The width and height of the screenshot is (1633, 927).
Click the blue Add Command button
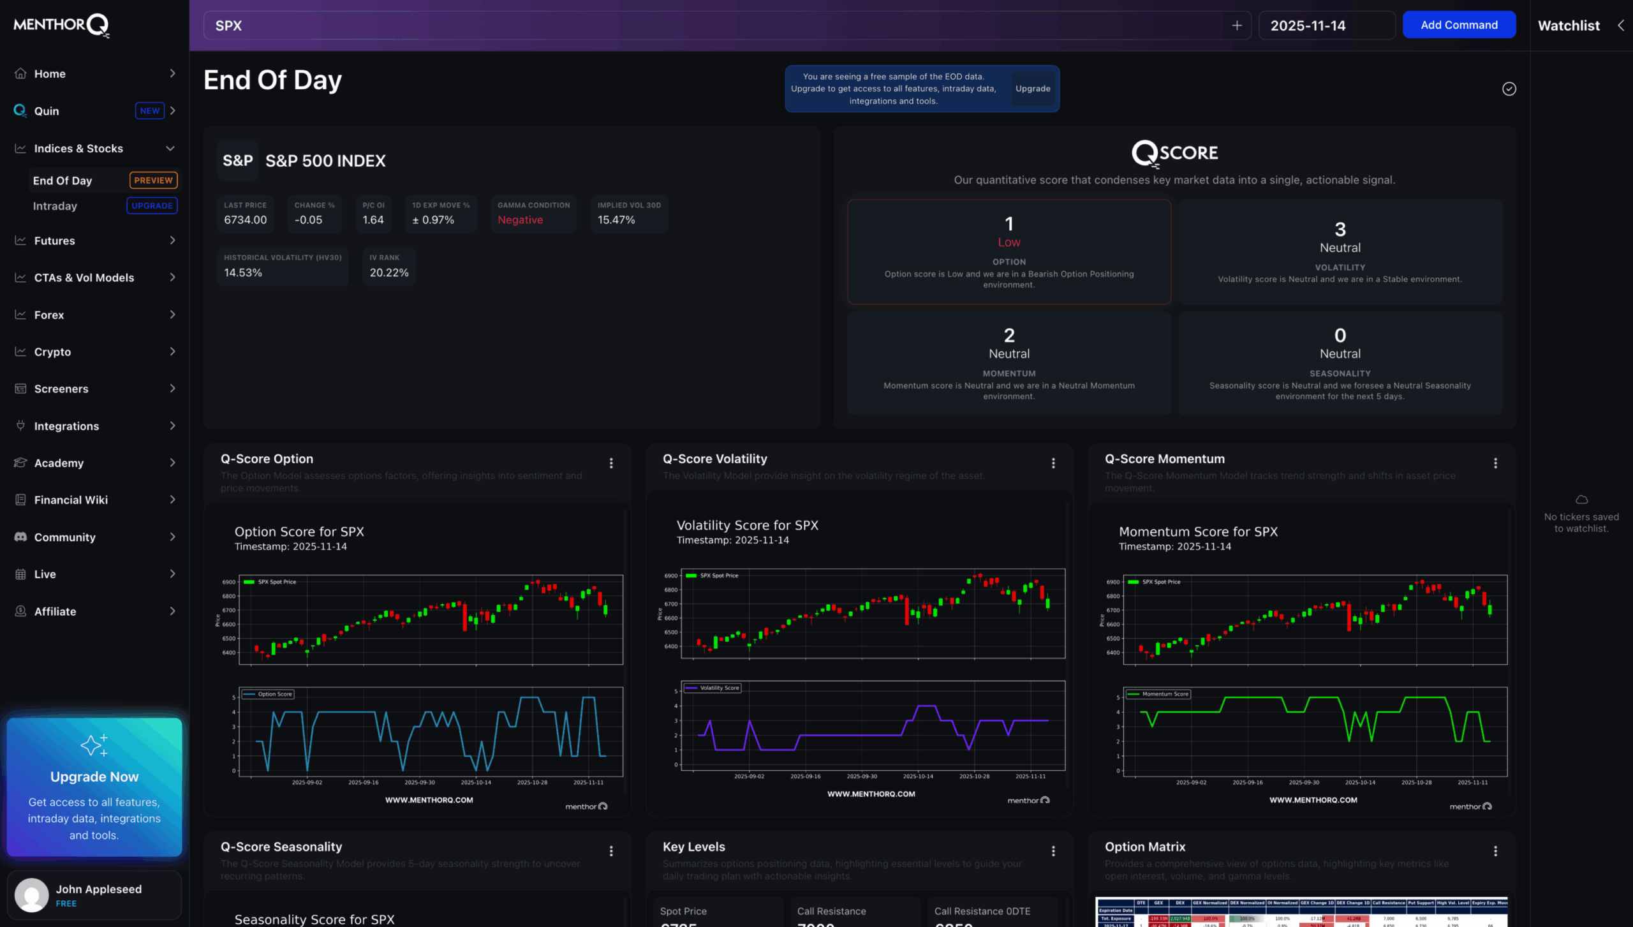1458,25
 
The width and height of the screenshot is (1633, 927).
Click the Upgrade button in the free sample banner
1032,89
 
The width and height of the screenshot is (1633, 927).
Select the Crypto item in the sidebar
52,352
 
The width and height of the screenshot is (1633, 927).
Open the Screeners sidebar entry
61,389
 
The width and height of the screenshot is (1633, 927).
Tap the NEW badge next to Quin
149,110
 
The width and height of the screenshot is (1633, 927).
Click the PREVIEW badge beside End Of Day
153,181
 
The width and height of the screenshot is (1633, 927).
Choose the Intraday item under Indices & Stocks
55,206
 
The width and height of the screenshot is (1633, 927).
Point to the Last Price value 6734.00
245,220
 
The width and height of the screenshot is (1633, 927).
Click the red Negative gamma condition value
520,220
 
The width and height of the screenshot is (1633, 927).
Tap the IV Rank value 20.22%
388,273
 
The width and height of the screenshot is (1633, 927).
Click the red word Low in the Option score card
1009,242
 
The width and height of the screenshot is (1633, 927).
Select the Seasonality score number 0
1340,335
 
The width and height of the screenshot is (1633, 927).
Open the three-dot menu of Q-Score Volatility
1053,463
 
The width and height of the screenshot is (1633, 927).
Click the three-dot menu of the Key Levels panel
1053,851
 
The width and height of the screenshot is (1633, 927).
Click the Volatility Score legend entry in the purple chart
713,688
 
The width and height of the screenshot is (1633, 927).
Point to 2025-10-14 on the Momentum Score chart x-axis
1359,782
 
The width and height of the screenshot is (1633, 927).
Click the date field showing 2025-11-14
1326,26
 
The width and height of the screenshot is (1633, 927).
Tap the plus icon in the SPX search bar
1236,26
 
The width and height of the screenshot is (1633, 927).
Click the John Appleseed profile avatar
32,894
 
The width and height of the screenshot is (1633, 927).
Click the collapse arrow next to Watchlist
1620,26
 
